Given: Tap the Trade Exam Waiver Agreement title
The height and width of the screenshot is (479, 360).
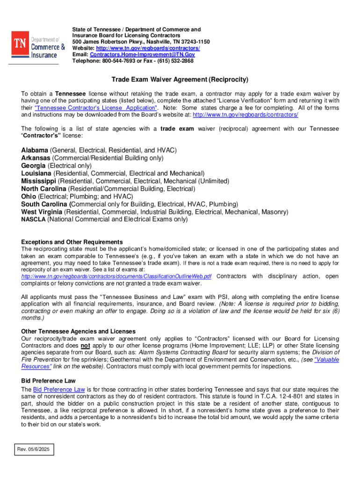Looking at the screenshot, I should click(180, 80).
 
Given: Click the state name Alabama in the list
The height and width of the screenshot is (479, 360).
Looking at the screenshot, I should click(35, 150).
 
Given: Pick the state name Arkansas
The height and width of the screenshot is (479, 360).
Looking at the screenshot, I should click(35, 158).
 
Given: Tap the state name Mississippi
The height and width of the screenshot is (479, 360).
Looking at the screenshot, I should click(39, 181).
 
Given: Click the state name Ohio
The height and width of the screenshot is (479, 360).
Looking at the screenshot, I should click(29, 196).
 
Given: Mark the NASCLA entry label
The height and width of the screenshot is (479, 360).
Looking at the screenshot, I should click(33, 219).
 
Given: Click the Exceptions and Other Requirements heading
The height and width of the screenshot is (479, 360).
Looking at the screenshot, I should click(72, 242).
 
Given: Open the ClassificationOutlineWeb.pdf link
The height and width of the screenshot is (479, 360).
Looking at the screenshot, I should click(116, 276).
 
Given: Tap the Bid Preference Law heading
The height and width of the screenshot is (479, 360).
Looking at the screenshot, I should click(48, 381).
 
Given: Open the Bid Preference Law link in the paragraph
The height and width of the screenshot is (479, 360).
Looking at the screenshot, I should click(59, 389).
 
